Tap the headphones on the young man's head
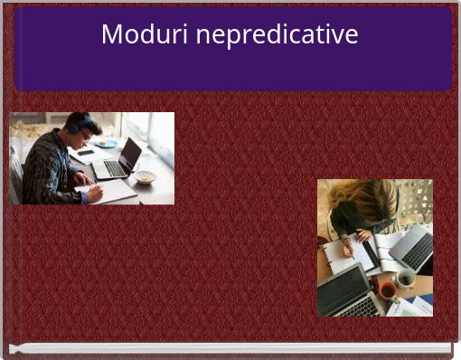(74, 124)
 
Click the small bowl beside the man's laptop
(145, 176)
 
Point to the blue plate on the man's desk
(107, 143)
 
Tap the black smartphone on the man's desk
(86, 152)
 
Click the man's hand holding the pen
(94, 193)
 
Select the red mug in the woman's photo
(388, 290)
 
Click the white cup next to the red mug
(406, 279)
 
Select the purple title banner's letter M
(111, 35)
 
